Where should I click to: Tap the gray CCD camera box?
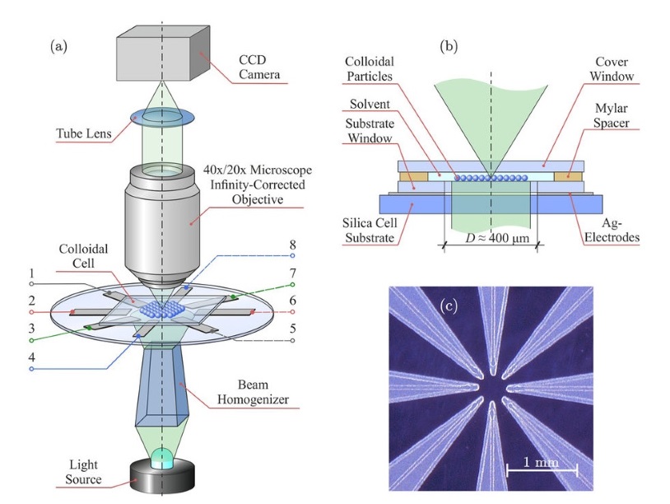(x=161, y=49)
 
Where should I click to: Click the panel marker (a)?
(x=58, y=46)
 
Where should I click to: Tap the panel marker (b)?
(x=449, y=46)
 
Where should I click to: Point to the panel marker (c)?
(x=449, y=307)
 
